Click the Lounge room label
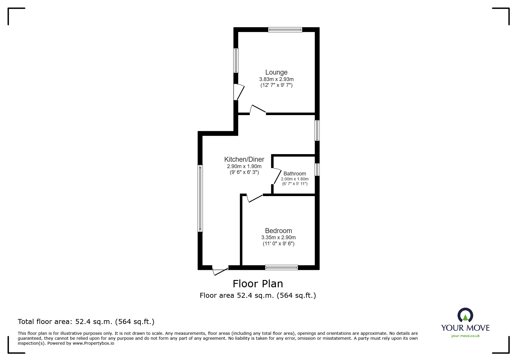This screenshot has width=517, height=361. click(276, 72)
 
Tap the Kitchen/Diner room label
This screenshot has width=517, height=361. click(244, 159)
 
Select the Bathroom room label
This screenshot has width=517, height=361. click(295, 174)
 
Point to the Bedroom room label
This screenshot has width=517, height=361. click(278, 231)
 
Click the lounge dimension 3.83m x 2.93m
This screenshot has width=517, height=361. click(276, 79)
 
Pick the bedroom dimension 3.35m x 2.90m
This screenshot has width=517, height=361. click(278, 237)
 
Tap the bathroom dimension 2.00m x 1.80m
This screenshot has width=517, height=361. click(295, 179)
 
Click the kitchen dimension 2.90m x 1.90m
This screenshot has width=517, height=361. click(244, 166)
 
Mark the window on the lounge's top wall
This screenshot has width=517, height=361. click(285, 29)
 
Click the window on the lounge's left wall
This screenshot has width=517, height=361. click(236, 60)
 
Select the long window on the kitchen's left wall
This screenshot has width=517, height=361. click(200, 198)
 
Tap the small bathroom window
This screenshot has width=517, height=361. click(317, 170)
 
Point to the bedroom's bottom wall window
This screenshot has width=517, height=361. click(281, 267)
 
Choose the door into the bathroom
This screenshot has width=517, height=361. click(276, 176)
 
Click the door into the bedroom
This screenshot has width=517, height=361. click(255, 198)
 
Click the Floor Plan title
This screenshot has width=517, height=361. click(258, 283)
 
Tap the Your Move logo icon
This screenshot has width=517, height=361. click(465, 315)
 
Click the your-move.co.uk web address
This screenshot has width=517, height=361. click(465, 336)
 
